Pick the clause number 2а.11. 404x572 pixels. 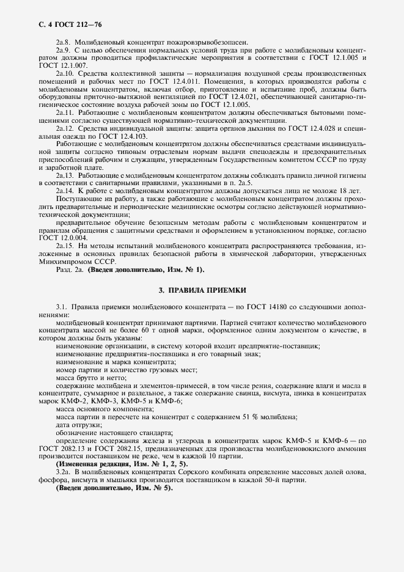click(x=65, y=112)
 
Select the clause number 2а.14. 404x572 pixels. click(x=65, y=191)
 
